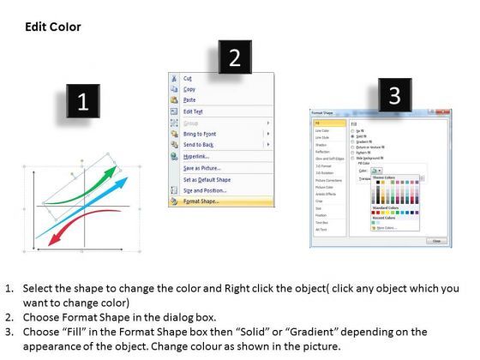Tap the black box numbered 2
[x=235, y=58]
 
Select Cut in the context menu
[x=189, y=78]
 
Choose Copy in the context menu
[x=190, y=89]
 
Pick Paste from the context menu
[x=190, y=100]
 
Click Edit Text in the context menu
[x=195, y=111]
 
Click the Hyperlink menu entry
[x=197, y=156]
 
